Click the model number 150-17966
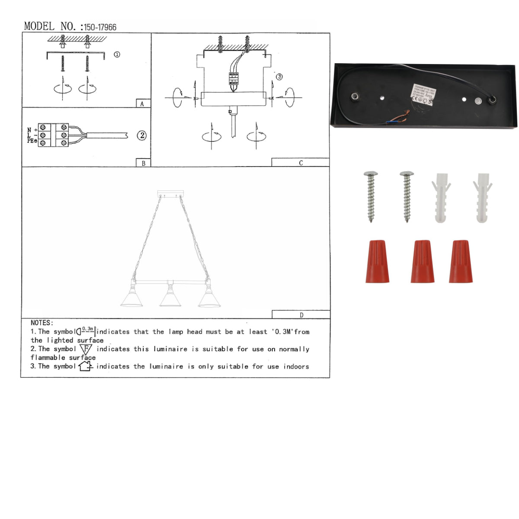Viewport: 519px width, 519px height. (x=100, y=27)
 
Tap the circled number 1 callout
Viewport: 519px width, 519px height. (x=117, y=54)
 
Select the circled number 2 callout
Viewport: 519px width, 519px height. (x=142, y=135)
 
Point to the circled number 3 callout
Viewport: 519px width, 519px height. (x=279, y=77)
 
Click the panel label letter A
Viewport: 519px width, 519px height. (x=142, y=104)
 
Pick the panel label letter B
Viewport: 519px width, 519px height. (x=143, y=163)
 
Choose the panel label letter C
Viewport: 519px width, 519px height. (x=301, y=163)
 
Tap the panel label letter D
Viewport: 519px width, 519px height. (x=301, y=315)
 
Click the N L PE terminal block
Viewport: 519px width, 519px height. (x=53, y=135)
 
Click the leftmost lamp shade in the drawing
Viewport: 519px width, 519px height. (x=131, y=299)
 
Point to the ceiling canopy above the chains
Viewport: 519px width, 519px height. (x=171, y=193)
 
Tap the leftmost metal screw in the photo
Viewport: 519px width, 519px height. (x=371, y=196)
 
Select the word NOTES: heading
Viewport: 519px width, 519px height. (x=42, y=323)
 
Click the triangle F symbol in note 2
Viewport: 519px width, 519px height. (x=86, y=349)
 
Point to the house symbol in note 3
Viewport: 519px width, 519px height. (x=85, y=366)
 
